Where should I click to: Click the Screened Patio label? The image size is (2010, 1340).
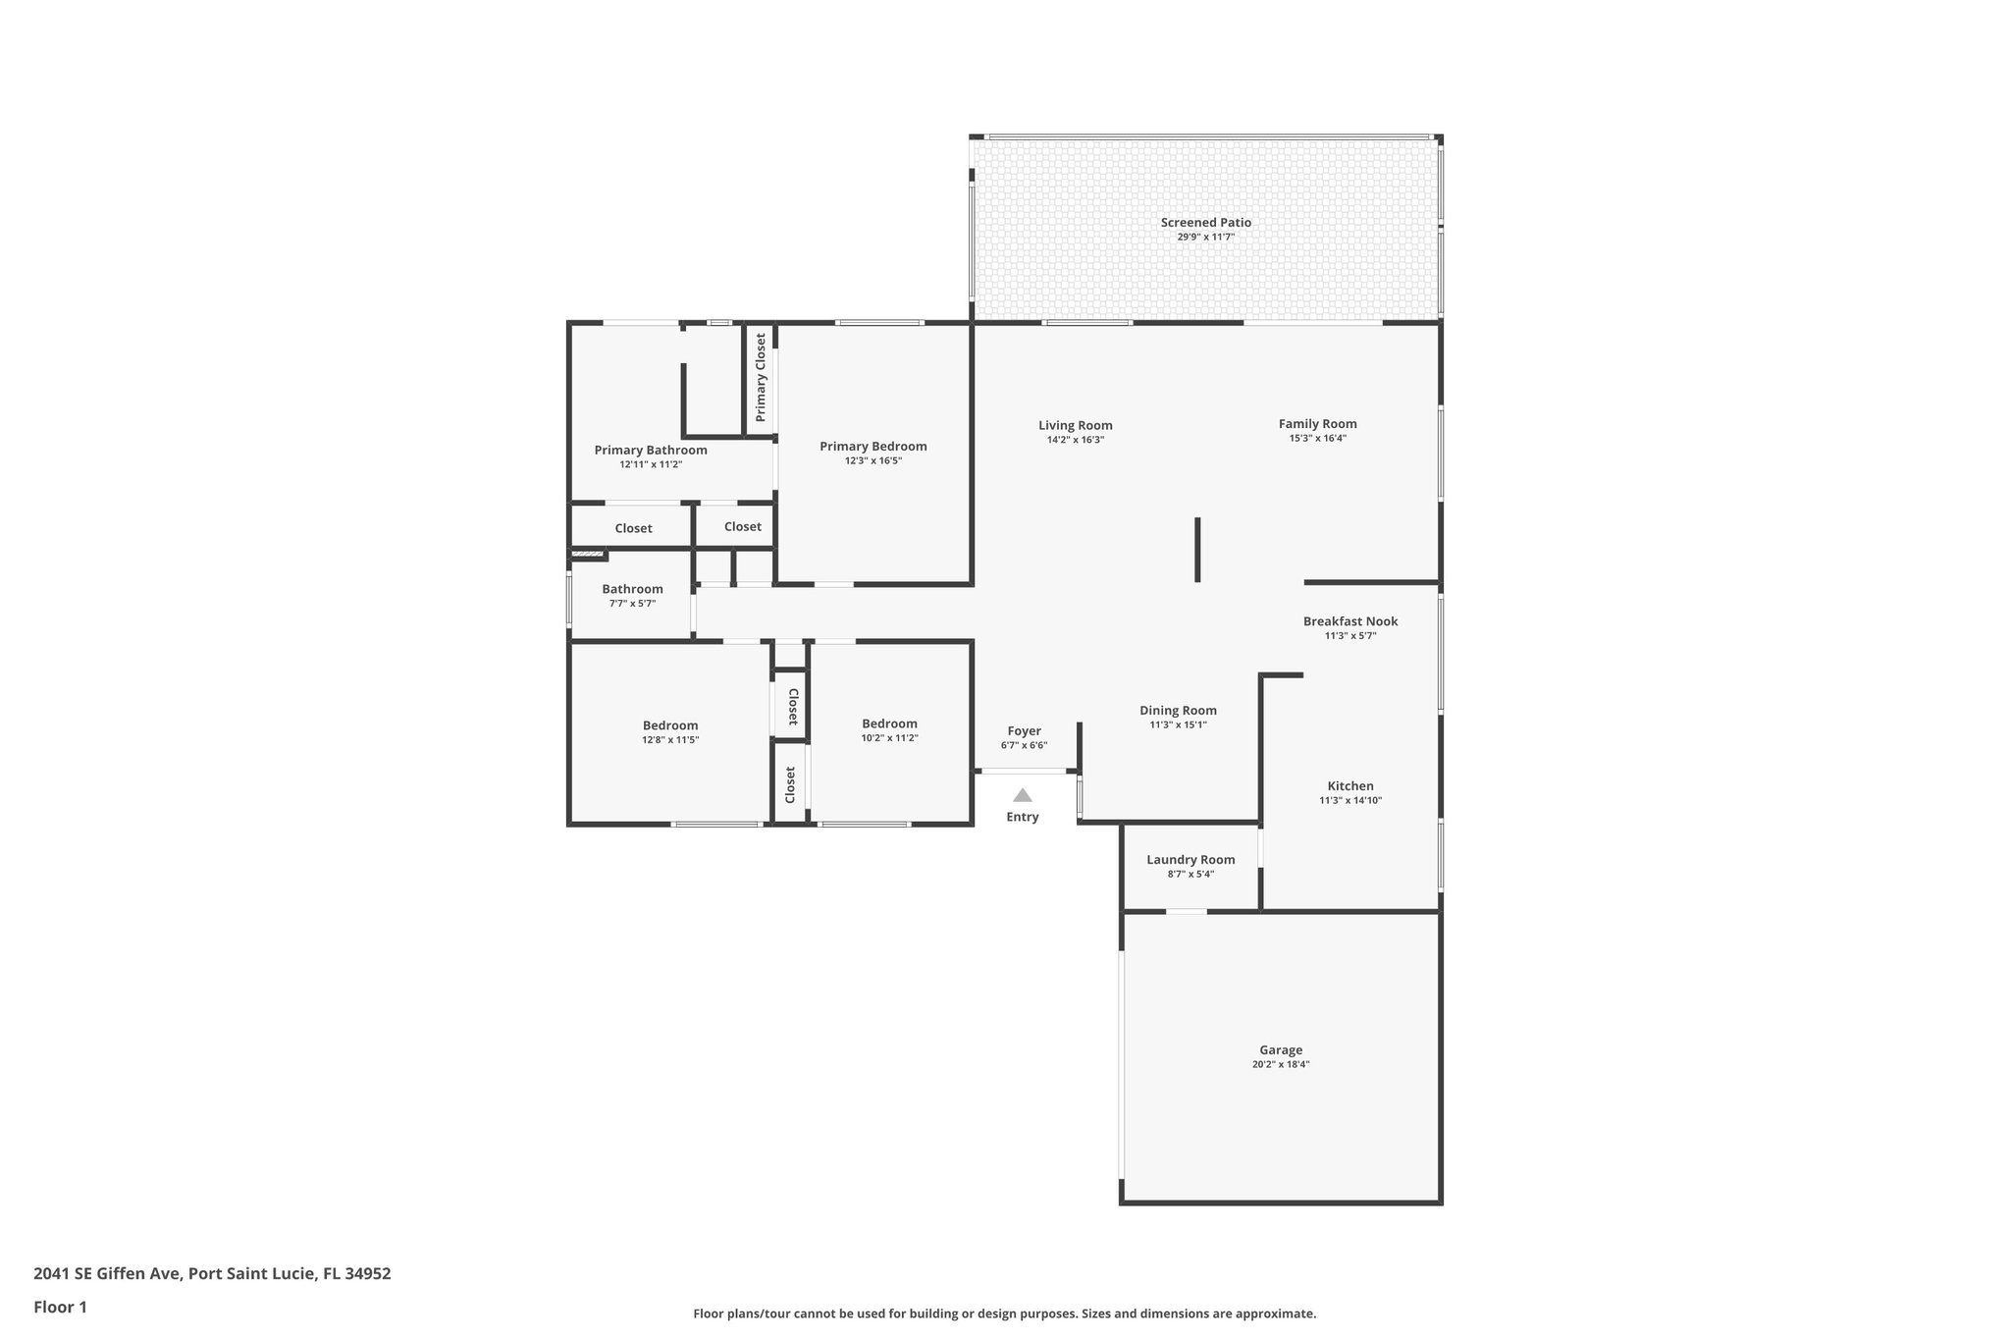1205,223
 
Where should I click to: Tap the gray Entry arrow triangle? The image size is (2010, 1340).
1022,795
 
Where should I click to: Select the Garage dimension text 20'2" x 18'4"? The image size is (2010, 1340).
1280,1064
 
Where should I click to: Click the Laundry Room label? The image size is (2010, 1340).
1190,860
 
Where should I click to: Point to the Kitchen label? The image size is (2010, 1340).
1350,786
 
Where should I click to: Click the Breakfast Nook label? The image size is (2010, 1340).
1350,621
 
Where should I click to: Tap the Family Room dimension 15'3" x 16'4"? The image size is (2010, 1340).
1317,439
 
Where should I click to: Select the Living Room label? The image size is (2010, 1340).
1076,426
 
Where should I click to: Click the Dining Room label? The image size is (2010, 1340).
1178,711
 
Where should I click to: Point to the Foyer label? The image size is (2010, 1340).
1024,731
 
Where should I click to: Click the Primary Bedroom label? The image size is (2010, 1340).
873,447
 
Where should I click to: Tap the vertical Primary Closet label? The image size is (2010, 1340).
760,377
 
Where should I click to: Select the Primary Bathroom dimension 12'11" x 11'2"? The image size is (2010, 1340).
650,464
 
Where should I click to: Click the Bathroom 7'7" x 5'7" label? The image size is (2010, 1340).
632,590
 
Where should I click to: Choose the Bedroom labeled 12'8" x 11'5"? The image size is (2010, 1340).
670,725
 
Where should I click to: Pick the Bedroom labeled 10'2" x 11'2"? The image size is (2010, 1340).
889,724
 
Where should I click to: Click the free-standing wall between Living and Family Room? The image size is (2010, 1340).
1197,550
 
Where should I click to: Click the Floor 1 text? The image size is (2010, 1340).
60,1307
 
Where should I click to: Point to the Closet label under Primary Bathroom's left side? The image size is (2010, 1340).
633,528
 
